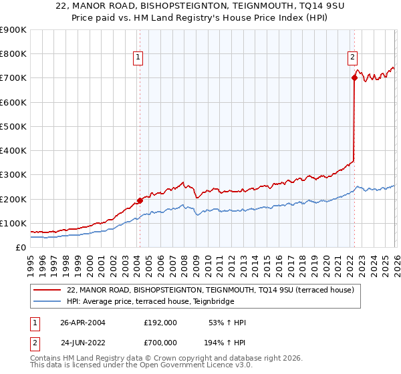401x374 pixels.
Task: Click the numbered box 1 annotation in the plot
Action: click(x=138, y=57)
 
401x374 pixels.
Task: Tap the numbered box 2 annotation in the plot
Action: click(x=352, y=57)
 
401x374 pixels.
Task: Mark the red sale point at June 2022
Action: click(x=354, y=77)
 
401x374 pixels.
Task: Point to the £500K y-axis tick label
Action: click(x=13, y=126)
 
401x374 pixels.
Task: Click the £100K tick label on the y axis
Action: click(x=13, y=223)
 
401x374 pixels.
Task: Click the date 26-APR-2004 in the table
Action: click(x=83, y=323)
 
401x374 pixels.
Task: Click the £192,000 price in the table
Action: click(x=160, y=323)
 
